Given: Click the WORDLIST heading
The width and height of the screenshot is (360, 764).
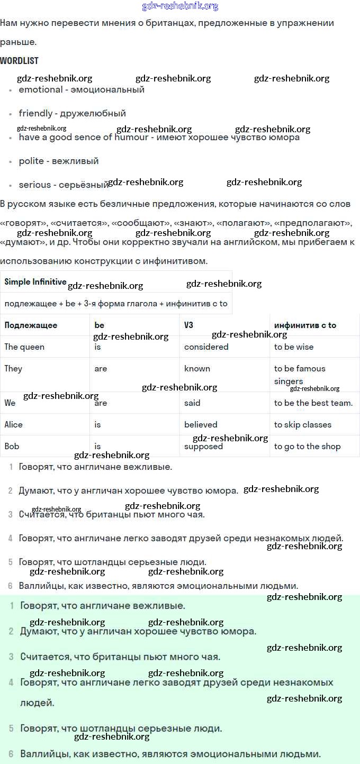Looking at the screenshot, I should (19, 61).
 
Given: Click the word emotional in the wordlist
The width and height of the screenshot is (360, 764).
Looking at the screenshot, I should (40, 90).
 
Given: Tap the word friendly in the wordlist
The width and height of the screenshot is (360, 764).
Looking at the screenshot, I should (35, 113).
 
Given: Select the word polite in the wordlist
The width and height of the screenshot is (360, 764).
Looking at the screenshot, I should (31, 161).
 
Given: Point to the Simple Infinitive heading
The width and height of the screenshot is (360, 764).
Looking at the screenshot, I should (35, 282).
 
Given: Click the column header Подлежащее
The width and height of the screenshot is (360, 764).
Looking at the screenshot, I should (31, 325).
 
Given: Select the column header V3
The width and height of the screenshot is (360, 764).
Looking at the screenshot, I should (188, 325).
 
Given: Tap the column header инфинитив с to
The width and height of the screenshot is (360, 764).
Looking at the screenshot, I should (305, 325).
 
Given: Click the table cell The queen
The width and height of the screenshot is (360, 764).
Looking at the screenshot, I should (24, 347).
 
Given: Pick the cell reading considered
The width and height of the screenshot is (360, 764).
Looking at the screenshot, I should (206, 347).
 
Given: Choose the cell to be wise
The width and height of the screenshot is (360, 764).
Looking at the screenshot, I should (293, 347).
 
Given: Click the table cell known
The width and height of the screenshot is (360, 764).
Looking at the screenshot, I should (197, 369).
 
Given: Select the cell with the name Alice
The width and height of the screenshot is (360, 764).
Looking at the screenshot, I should (14, 425).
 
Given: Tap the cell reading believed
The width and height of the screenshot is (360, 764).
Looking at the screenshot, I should (201, 425).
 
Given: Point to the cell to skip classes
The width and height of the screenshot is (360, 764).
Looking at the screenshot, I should (302, 425).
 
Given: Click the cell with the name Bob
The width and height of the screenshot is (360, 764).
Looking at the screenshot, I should (12, 447).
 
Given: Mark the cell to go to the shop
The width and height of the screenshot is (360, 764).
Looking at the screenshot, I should (307, 447).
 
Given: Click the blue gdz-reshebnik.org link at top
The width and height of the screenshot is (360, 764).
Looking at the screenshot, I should (180, 6).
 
